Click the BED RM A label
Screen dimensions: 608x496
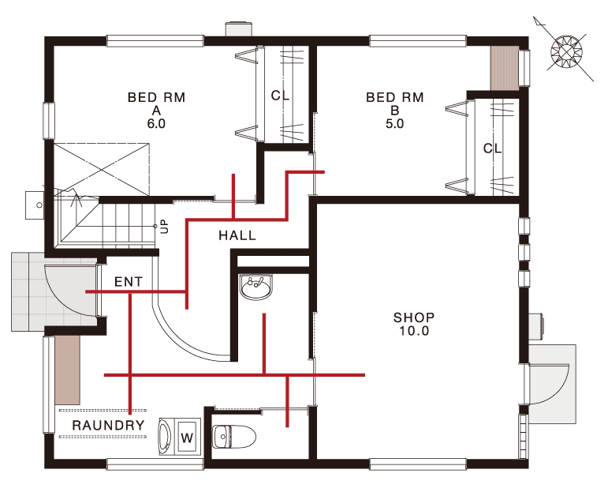[x=156, y=110]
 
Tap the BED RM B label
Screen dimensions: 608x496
[x=395, y=110]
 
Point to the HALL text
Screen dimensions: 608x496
[x=237, y=235]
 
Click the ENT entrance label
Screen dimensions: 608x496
[x=129, y=282]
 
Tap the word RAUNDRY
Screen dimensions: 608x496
[x=108, y=425]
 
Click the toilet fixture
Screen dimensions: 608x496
[x=234, y=437]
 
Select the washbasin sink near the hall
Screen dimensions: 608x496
[x=256, y=287]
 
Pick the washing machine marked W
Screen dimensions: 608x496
[x=180, y=437]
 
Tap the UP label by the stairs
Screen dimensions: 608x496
[x=165, y=226]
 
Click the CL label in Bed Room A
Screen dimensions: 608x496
[x=280, y=95]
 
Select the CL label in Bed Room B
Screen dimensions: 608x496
[x=492, y=148]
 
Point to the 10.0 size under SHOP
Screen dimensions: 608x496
[x=414, y=331]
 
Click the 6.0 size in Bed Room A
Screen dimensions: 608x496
[x=156, y=123]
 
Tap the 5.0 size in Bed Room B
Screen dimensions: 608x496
[x=395, y=123]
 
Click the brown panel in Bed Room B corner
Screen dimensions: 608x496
[x=505, y=69]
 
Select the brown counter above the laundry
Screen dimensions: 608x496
[x=68, y=370]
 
